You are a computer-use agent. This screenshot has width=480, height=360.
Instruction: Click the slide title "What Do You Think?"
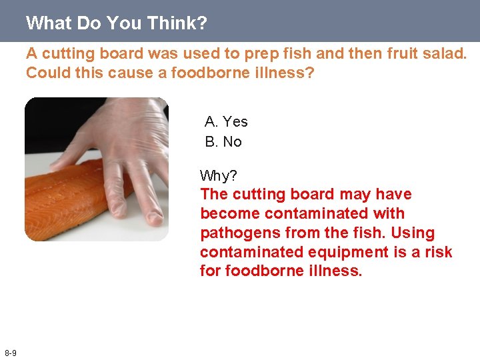pyautogui.click(x=117, y=23)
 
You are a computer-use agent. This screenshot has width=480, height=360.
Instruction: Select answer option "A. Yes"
pyautogui.click(x=226, y=121)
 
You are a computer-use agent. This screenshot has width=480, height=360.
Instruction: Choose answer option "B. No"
pyautogui.click(x=223, y=141)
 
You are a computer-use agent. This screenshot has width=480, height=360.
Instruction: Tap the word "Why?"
pyautogui.click(x=219, y=175)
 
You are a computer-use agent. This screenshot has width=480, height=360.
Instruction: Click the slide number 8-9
pyautogui.click(x=11, y=353)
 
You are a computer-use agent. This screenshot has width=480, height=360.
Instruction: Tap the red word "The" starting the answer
pyautogui.click(x=215, y=194)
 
